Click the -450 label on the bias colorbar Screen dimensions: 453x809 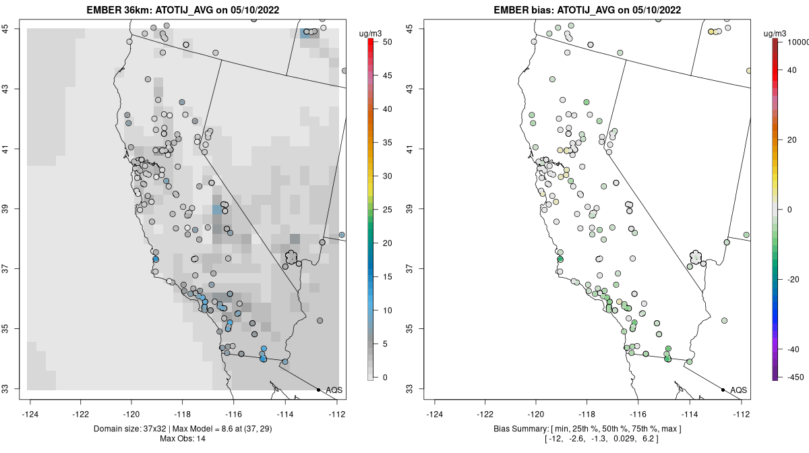pos(793,377)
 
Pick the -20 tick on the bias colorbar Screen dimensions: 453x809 pos(792,279)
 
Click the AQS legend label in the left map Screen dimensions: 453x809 pos(334,390)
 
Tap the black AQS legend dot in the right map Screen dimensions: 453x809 pos(723,390)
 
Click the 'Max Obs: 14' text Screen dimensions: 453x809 pos(182,439)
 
